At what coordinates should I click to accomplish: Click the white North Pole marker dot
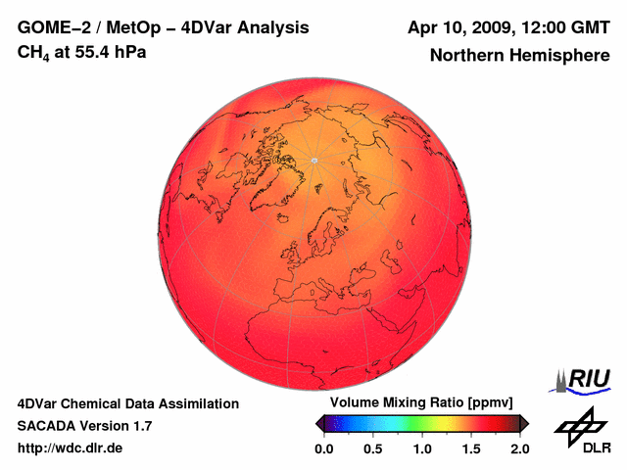pos(313,160)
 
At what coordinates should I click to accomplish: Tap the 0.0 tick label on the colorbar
pos(323,448)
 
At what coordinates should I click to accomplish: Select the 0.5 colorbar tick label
pos(372,448)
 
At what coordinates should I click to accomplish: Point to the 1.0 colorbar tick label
pos(422,448)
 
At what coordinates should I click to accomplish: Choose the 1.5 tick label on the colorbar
pos(471,448)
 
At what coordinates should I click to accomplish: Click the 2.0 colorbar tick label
pos(519,448)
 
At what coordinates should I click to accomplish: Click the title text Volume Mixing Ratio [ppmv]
pos(415,403)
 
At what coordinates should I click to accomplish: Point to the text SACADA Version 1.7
pos(84,426)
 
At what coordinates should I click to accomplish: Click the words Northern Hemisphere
pos(519,55)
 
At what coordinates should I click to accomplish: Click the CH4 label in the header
pos(33,53)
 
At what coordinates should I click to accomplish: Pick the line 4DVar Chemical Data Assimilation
pos(127,403)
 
